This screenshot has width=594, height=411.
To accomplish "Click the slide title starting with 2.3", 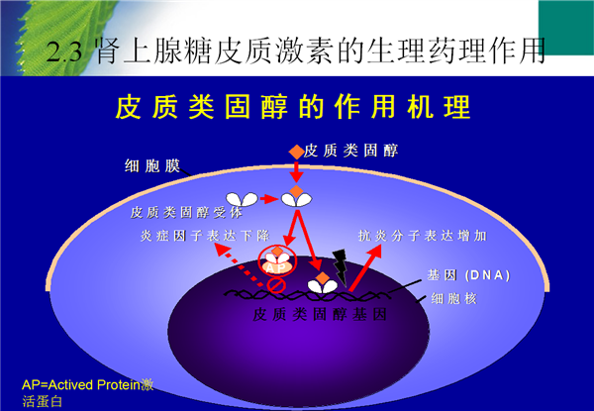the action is coord(296,50).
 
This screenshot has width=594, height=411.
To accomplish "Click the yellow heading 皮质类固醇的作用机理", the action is coord(293,107).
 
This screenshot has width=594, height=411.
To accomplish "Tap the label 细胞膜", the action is coord(152,166).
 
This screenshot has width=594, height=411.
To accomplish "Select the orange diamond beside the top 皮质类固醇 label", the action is coord(296,152).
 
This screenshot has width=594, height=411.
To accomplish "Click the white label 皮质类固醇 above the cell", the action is coord(350,151).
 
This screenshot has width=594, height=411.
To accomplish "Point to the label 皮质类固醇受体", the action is coord(186,213).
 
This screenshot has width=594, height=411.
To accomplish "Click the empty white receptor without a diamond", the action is coord(242,199).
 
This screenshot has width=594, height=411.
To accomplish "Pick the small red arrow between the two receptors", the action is coord(269,198).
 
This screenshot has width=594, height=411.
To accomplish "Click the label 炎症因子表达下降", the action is coord(205,236).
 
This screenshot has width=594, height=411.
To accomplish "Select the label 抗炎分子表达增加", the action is coord(423,236).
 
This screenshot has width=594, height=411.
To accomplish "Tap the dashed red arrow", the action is coord(240,265).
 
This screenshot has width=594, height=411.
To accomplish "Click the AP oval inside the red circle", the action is coord(277,267).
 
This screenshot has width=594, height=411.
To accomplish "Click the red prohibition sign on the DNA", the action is coord(276,284).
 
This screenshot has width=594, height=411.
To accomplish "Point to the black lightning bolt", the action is coord(340,266).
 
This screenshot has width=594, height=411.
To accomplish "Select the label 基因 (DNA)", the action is coord(469,275).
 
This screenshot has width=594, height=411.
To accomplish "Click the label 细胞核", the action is coord(453,298).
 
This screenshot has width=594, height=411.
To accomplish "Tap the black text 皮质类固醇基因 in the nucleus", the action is coord(320,314).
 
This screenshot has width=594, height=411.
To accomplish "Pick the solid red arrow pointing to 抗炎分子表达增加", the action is coord(365,267).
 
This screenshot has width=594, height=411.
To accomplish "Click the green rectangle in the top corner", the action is coord(566,28).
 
